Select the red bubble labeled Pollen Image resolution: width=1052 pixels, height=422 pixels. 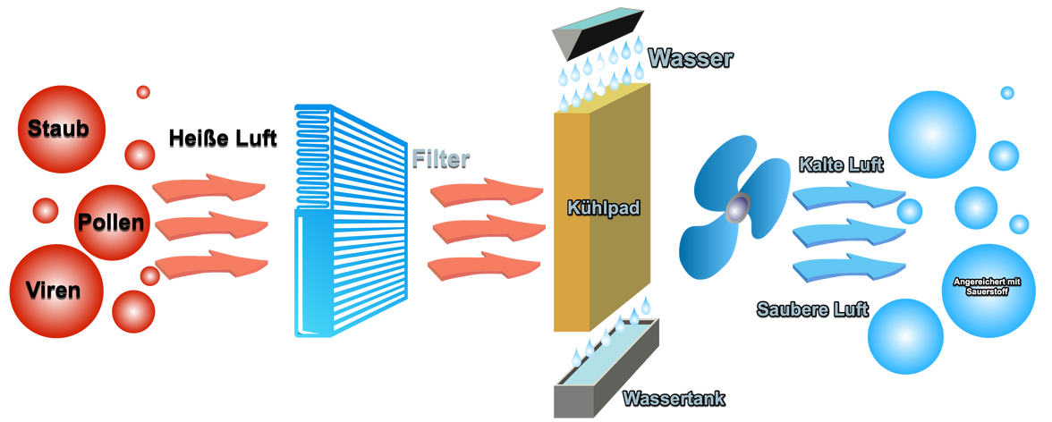109,222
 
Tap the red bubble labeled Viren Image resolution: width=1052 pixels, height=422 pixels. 53,289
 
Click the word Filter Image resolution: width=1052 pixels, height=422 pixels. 441,158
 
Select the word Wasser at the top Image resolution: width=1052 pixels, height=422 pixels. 691,59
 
